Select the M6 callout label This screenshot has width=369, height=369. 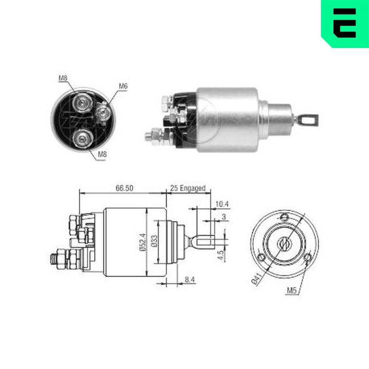click(x=123, y=86)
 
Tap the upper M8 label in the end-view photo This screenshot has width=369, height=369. click(x=63, y=78)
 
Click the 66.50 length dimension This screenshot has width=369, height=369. click(x=124, y=188)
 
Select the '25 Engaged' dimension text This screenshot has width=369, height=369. click(x=187, y=188)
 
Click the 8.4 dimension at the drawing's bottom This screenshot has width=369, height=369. click(x=190, y=280)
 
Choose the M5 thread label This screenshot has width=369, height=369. click(x=292, y=291)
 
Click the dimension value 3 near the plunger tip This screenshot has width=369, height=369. click(x=224, y=217)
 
